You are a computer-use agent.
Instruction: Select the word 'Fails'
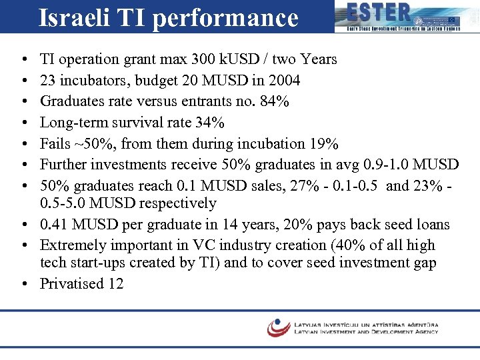tap(55, 145)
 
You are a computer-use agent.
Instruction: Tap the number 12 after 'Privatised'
tap(115, 283)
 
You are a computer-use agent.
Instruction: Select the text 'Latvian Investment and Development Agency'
tap(365, 331)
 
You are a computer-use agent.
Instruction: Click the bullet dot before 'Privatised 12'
tap(23, 283)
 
